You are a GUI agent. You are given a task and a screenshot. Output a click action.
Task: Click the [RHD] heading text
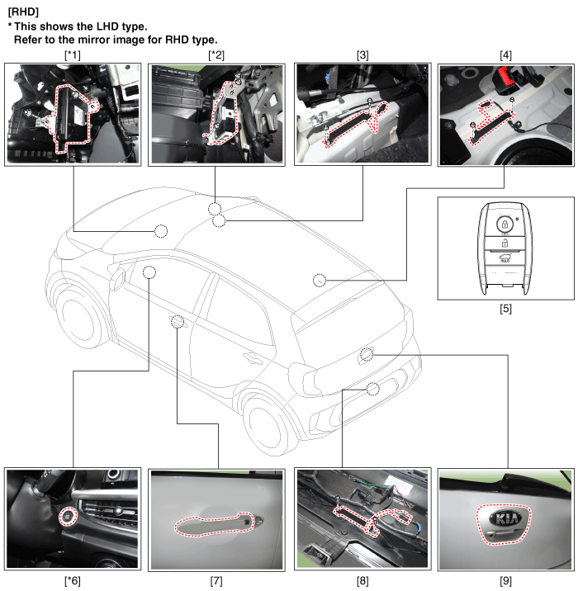pyautogui.click(x=23, y=12)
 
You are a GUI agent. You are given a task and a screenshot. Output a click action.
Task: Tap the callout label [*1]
pyautogui.click(x=73, y=55)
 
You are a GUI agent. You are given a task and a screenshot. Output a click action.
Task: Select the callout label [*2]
pyautogui.click(x=216, y=55)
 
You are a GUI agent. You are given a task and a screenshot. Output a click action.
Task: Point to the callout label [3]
pyautogui.click(x=362, y=55)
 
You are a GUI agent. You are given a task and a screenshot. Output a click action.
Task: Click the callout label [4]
pyautogui.click(x=505, y=55)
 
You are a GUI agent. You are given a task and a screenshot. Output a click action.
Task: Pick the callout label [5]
pyautogui.click(x=505, y=309)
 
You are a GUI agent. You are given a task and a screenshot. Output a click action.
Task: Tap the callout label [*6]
pyautogui.click(x=73, y=581)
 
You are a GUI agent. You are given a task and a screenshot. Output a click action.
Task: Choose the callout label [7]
pyautogui.click(x=216, y=581)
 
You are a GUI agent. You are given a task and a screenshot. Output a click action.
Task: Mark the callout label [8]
pyautogui.click(x=362, y=581)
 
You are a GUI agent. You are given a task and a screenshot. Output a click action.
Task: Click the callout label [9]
pyautogui.click(x=505, y=581)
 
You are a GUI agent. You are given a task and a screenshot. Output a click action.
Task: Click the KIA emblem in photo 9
pyautogui.click(x=505, y=519)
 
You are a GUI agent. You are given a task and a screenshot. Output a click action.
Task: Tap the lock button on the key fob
pyautogui.click(x=505, y=225)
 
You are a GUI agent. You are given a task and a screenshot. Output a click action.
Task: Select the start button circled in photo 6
pyautogui.click(x=68, y=517)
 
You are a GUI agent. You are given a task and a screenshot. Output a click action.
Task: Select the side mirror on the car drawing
pyautogui.click(x=117, y=278)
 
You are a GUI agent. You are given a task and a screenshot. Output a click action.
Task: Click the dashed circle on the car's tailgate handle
pyautogui.click(x=367, y=354)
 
